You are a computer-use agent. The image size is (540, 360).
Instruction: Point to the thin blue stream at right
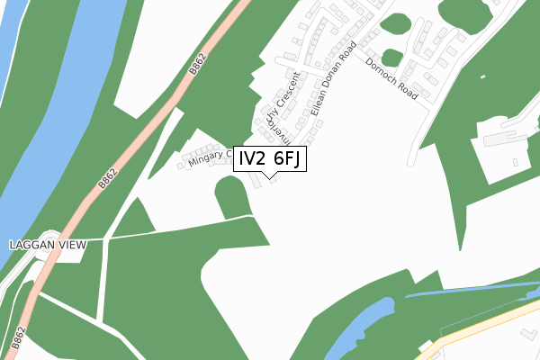pos(468,289)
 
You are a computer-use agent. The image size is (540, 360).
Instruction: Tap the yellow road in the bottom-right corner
pos(486,324)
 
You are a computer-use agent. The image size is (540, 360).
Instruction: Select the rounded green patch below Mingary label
pos(232,196)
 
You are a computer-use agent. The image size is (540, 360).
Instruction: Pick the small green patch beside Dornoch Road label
pos(392,58)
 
